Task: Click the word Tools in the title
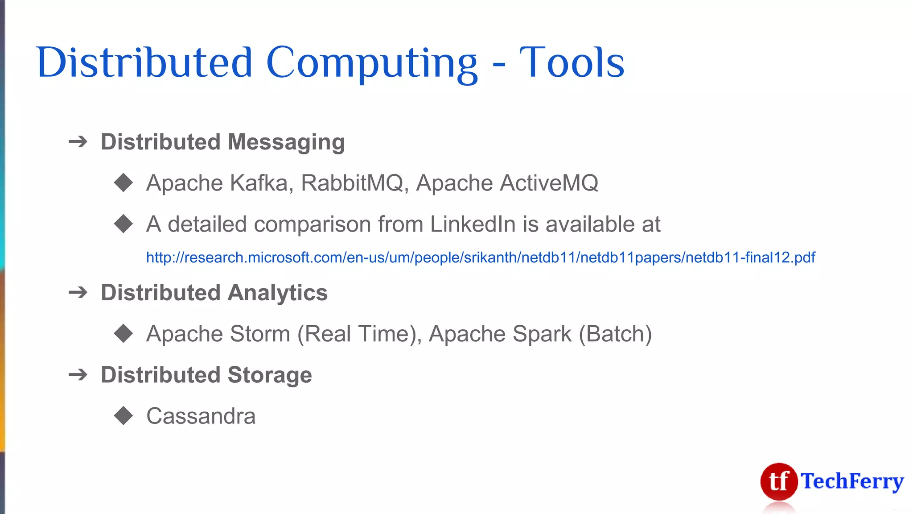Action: click(x=572, y=63)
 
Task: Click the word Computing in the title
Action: click(x=372, y=63)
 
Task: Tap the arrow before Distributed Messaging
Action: click(x=78, y=142)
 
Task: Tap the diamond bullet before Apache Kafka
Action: click(x=123, y=182)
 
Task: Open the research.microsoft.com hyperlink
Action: click(x=481, y=257)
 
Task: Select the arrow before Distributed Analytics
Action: click(x=78, y=293)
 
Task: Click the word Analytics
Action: click(x=278, y=293)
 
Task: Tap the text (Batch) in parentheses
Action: click(x=615, y=334)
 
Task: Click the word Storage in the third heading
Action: click(x=270, y=375)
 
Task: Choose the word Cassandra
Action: click(x=201, y=416)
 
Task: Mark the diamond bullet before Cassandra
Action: click(x=123, y=415)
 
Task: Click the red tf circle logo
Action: click(x=779, y=481)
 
